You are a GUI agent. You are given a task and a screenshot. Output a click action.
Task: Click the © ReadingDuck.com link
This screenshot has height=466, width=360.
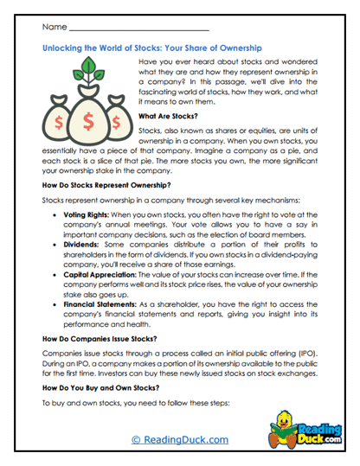180,440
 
